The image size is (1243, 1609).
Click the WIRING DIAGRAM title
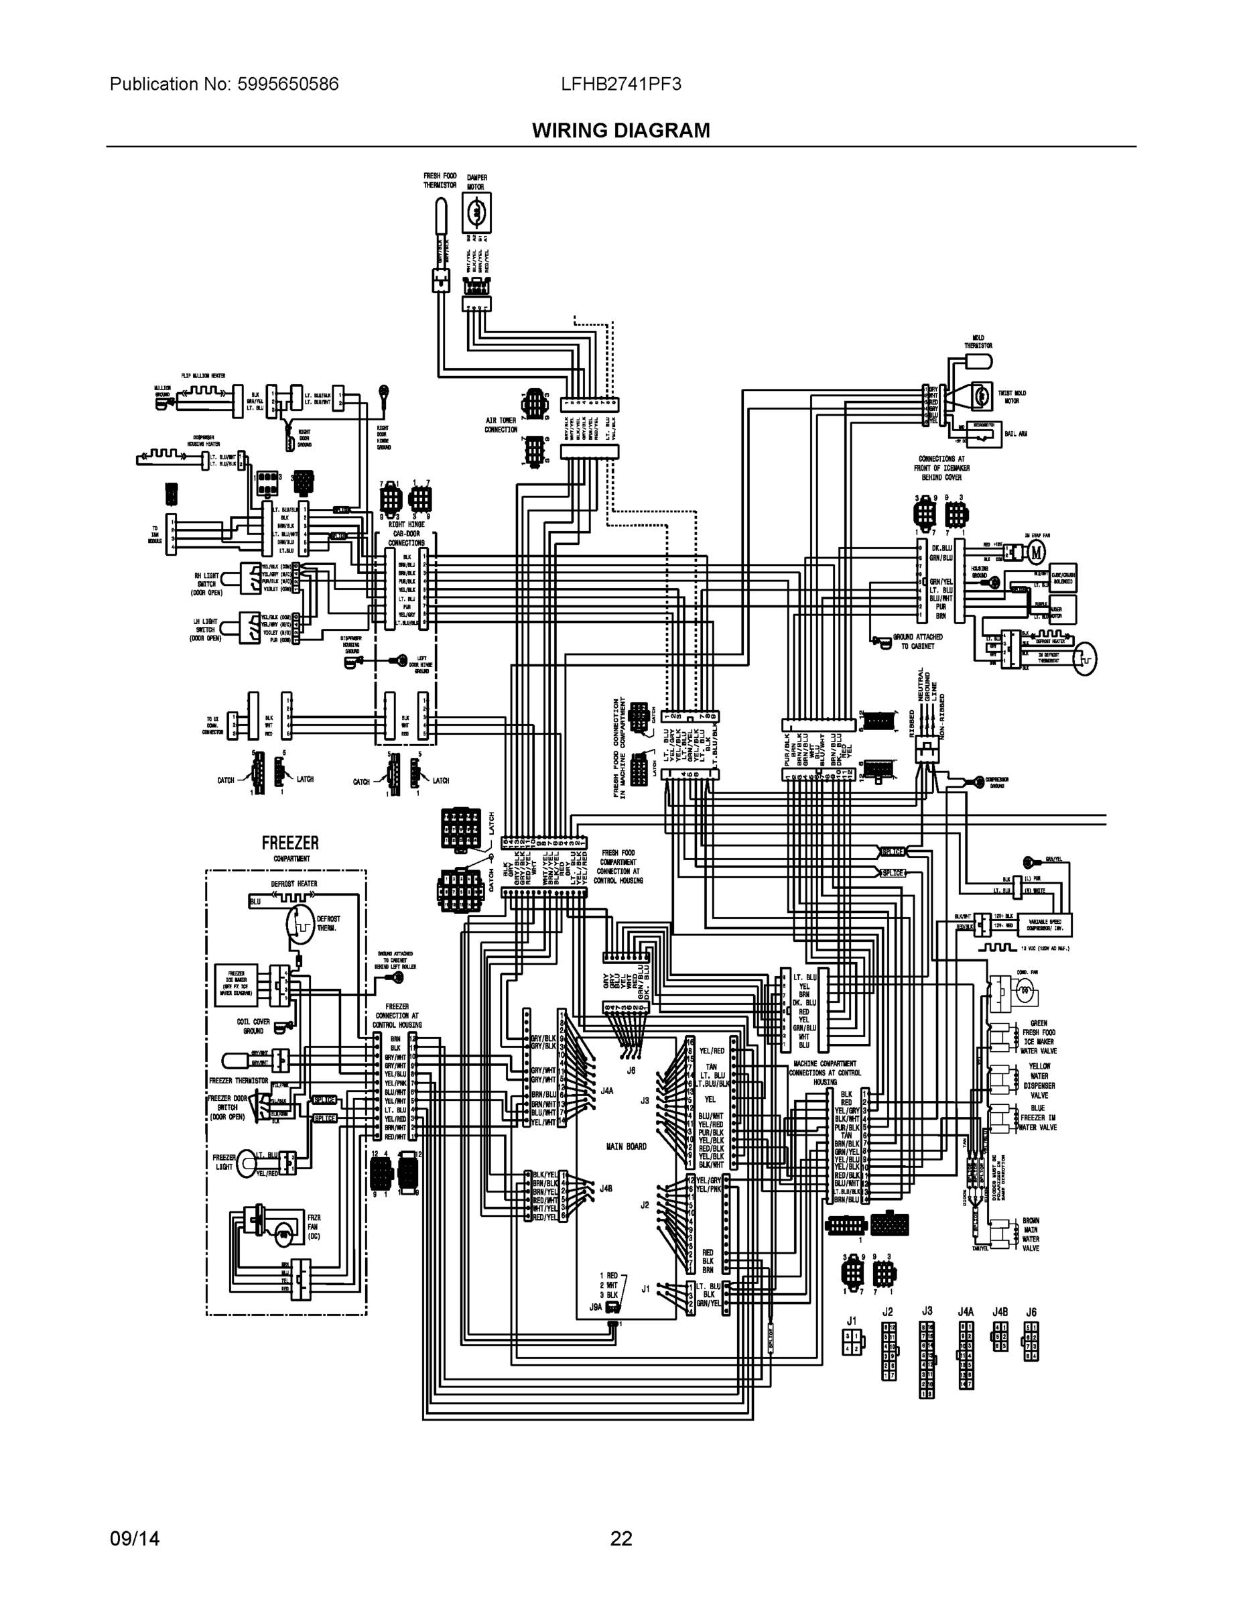[x=620, y=131]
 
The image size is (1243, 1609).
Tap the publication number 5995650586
[x=288, y=84]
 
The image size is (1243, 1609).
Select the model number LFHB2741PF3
[x=620, y=84]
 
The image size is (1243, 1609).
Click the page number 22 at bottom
[x=620, y=1539]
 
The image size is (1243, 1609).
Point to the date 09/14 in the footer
[x=135, y=1539]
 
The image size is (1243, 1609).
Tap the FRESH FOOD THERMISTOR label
[x=440, y=180]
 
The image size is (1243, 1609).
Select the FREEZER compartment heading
[x=290, y=843]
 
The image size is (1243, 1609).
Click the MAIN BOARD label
[x=626, y=1146]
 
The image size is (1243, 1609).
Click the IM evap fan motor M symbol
[x=1036, y=551]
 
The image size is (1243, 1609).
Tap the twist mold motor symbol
[x=981, y=396]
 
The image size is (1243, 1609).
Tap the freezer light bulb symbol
[x=246, y=1163]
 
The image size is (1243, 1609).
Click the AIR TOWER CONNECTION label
[x=501, y=424]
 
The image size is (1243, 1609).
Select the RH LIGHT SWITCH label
[x=207, y=583]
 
